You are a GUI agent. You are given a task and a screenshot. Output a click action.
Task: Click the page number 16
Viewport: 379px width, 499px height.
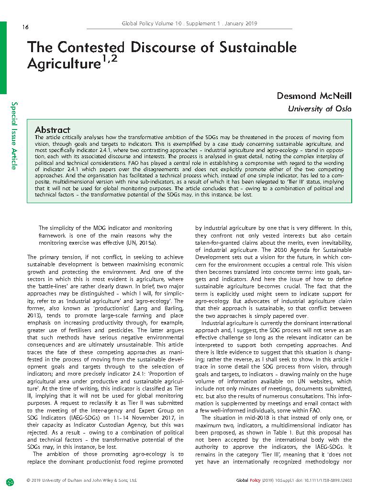(25, 27)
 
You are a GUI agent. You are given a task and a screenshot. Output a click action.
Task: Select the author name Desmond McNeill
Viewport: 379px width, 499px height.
(314, 96)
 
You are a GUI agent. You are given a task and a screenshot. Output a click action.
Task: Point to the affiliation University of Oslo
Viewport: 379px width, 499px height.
(319, 109)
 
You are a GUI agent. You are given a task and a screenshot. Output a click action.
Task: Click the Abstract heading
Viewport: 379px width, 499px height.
(53, 130)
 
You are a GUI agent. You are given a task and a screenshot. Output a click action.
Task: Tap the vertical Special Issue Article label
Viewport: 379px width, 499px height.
(15, 136)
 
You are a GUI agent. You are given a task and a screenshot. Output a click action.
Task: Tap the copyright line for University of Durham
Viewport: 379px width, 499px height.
(81, 480)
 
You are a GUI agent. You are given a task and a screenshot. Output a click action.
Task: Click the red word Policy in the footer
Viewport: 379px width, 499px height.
(255, 480)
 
